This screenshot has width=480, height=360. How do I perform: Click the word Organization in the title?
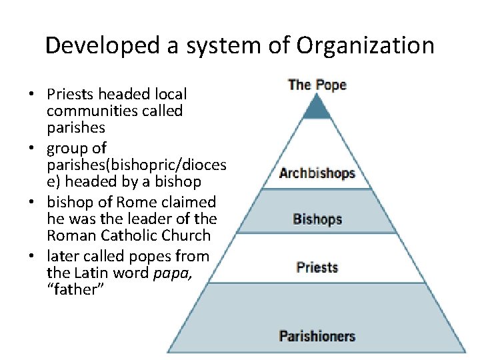pos(365,46)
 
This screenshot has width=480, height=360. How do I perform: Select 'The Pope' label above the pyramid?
pos(317,85)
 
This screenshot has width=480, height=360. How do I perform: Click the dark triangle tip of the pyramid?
pos(317,109)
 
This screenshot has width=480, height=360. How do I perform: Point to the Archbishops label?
pos(317,173)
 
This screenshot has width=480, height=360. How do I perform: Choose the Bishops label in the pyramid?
pos(317,219)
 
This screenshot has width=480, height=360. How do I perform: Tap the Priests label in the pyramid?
pos(317,267)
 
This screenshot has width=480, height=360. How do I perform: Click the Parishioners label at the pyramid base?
pos(317,336)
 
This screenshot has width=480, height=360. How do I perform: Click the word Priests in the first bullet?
pos(70,95)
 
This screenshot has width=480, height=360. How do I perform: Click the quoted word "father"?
pos(75,289)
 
